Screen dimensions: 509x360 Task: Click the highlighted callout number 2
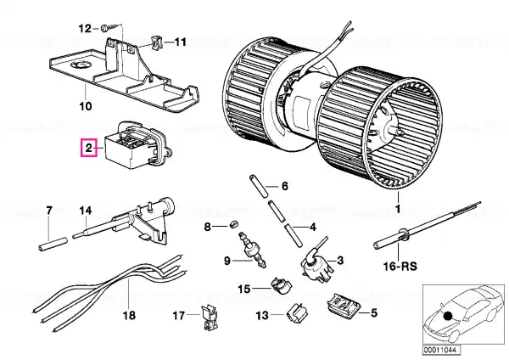pyautogui.click(x=89, y=149)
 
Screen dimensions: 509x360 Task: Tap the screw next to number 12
pyautogui.click(x=109, y=28)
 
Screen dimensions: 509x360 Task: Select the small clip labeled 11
pyautogui.click(x=156, y=42)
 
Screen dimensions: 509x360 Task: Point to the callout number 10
pyautogui.click(x=86, y=106)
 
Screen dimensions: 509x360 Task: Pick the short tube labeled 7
pyautogui.click(x=53, y=244)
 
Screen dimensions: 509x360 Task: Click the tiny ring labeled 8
pyautogui.click(x=234, y=223)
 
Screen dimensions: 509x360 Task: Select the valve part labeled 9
pyautogui.click(x=252, y=250)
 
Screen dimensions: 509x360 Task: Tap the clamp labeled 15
pyautogui.click(x=281, y=285)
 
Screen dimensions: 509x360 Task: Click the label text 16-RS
pyautogui.click(x=400, y=267)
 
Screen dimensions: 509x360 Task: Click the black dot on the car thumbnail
pyautogui.click(x=448, y=316)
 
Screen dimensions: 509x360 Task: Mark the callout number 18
pyautogui.click(x=129, y=315)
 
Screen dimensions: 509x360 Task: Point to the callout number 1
pyautogui.click(x=398, y=210)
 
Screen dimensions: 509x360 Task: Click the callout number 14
pyautogui.click(x=86, y=211)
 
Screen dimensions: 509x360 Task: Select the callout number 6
pyautogui.click(x=285, y=186)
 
